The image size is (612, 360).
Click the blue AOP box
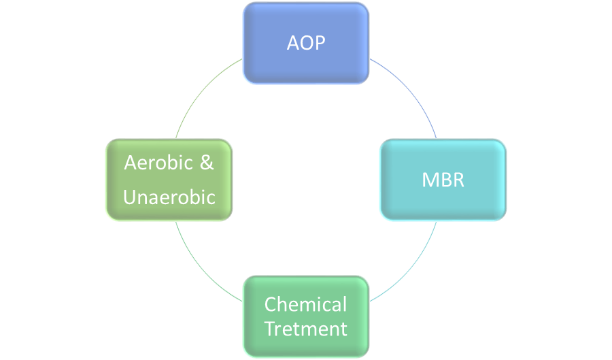[x=306, y=43]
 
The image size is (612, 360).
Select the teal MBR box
[x=443, y=180]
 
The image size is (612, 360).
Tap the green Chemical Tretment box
[x=306, y=316]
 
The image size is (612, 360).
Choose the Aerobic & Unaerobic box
[x=169, y=180]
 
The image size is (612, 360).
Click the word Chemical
[x=306, y=304]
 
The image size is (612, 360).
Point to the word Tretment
[x=306, y=329]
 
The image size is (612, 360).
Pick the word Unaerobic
[x=169, y=197]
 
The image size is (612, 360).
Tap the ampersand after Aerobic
[x=207, y=163]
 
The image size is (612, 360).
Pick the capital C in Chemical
[x=270, y=304]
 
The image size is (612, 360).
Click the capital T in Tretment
[x=270, y=329]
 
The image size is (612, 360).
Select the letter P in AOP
[x=320, y=43]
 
